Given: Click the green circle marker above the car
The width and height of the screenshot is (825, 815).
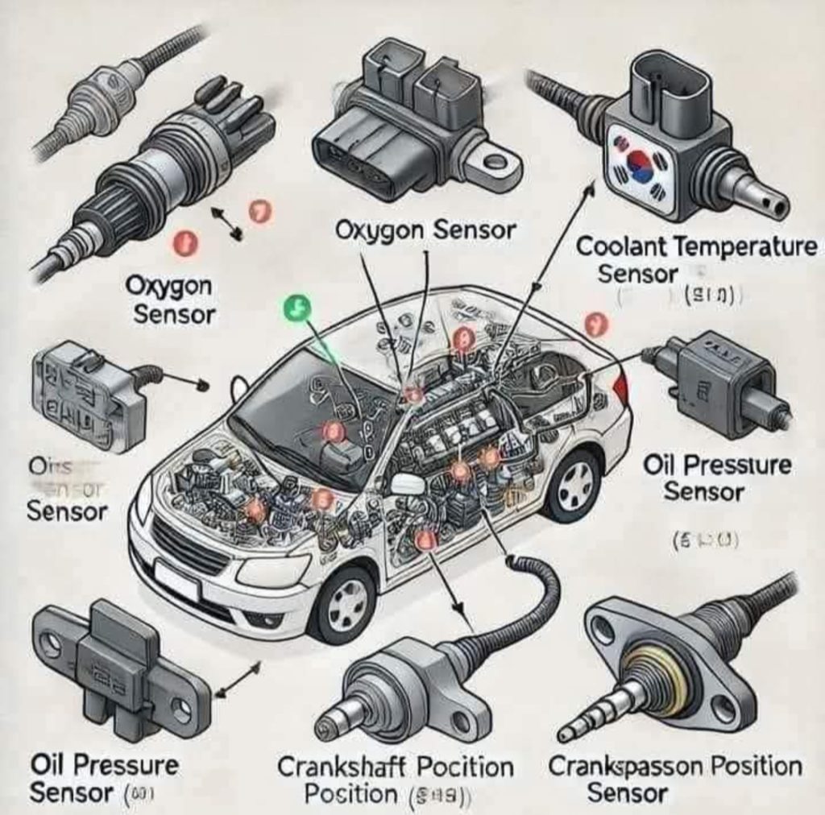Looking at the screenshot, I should [x=298, y=308].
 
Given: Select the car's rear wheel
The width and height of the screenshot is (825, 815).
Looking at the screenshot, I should [x=574, y=485].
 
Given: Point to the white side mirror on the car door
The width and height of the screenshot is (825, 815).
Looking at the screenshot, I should [x=408, y=483].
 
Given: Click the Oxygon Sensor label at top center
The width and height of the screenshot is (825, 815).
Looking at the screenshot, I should [x=425, y=230].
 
